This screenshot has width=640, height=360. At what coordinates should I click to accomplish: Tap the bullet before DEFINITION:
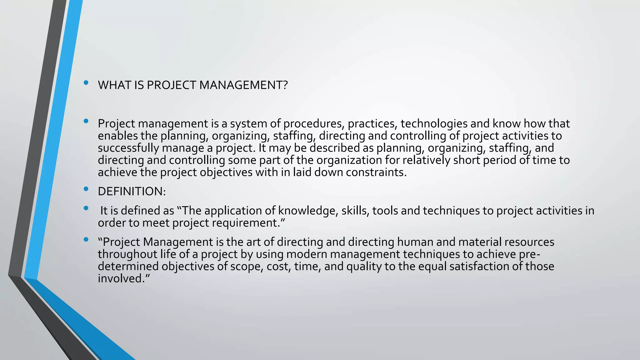tap(86, 189)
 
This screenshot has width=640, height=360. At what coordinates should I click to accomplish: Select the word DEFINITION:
tap(132, 192)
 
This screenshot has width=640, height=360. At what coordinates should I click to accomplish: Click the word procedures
tap(314, 124)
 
